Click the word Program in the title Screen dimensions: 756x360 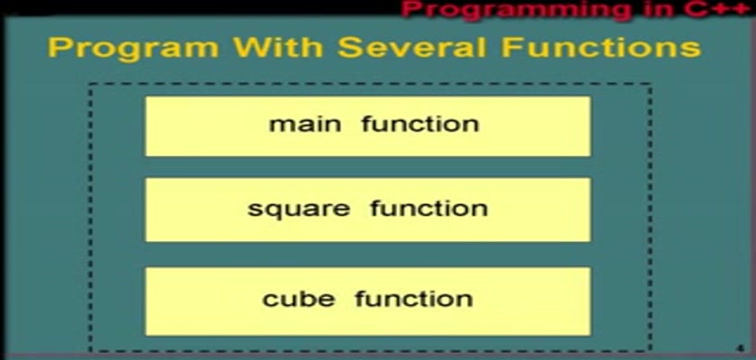(134, 49)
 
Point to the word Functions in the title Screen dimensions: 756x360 (601, 47)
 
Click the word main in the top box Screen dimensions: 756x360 (305, 124)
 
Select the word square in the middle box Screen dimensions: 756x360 (299, 210)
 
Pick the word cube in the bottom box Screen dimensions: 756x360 (299, 298)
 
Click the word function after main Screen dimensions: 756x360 (420, 124)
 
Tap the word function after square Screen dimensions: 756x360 (429, 208)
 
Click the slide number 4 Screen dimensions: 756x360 (741, 348)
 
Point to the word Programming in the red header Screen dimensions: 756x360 (516, 11)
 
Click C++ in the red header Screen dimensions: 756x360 (719, 9)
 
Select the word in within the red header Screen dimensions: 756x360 (659, 9)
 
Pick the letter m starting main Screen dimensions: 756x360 (281, 126)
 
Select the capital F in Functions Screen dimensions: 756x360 (510, 47)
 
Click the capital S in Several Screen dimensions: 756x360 (347, 47)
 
